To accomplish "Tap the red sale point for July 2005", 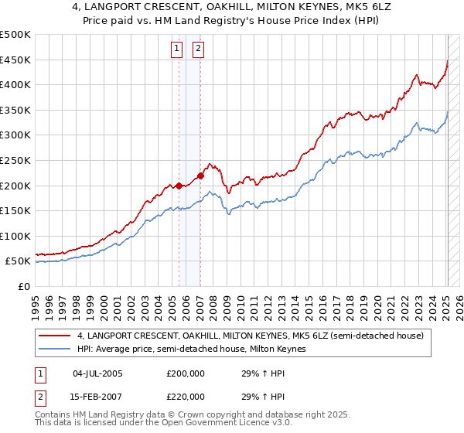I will point(179,186).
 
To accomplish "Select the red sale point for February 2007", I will point(200,176).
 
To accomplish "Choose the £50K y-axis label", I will point(19,261).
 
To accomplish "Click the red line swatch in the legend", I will point(56,336).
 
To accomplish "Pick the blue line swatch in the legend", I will point(56,349).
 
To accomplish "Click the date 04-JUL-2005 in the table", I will point(98,373).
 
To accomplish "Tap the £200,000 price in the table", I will point(185,373).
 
